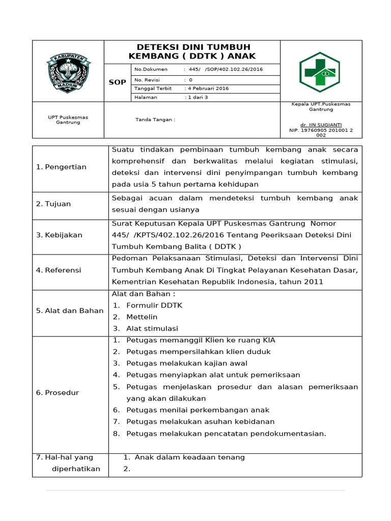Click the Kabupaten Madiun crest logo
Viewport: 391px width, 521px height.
68,71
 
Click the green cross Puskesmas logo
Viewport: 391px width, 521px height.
319,71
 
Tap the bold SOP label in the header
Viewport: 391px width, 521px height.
117,82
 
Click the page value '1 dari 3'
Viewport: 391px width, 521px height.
198,97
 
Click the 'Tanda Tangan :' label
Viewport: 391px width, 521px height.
155,120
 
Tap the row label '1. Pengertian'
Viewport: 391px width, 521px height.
61,167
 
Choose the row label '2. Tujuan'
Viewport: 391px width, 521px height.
53,204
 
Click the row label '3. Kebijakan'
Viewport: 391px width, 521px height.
59,235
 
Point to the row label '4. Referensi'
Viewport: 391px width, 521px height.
59,270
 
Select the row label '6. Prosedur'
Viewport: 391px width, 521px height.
57,393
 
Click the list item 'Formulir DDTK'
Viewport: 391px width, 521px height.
154,305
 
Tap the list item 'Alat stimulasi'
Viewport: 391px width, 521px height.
152,329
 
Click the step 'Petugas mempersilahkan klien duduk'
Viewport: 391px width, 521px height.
199,352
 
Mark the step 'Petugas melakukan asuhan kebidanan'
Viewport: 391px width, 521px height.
200,421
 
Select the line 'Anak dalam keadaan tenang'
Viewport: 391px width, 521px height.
189,457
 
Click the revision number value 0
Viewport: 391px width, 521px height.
191,80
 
